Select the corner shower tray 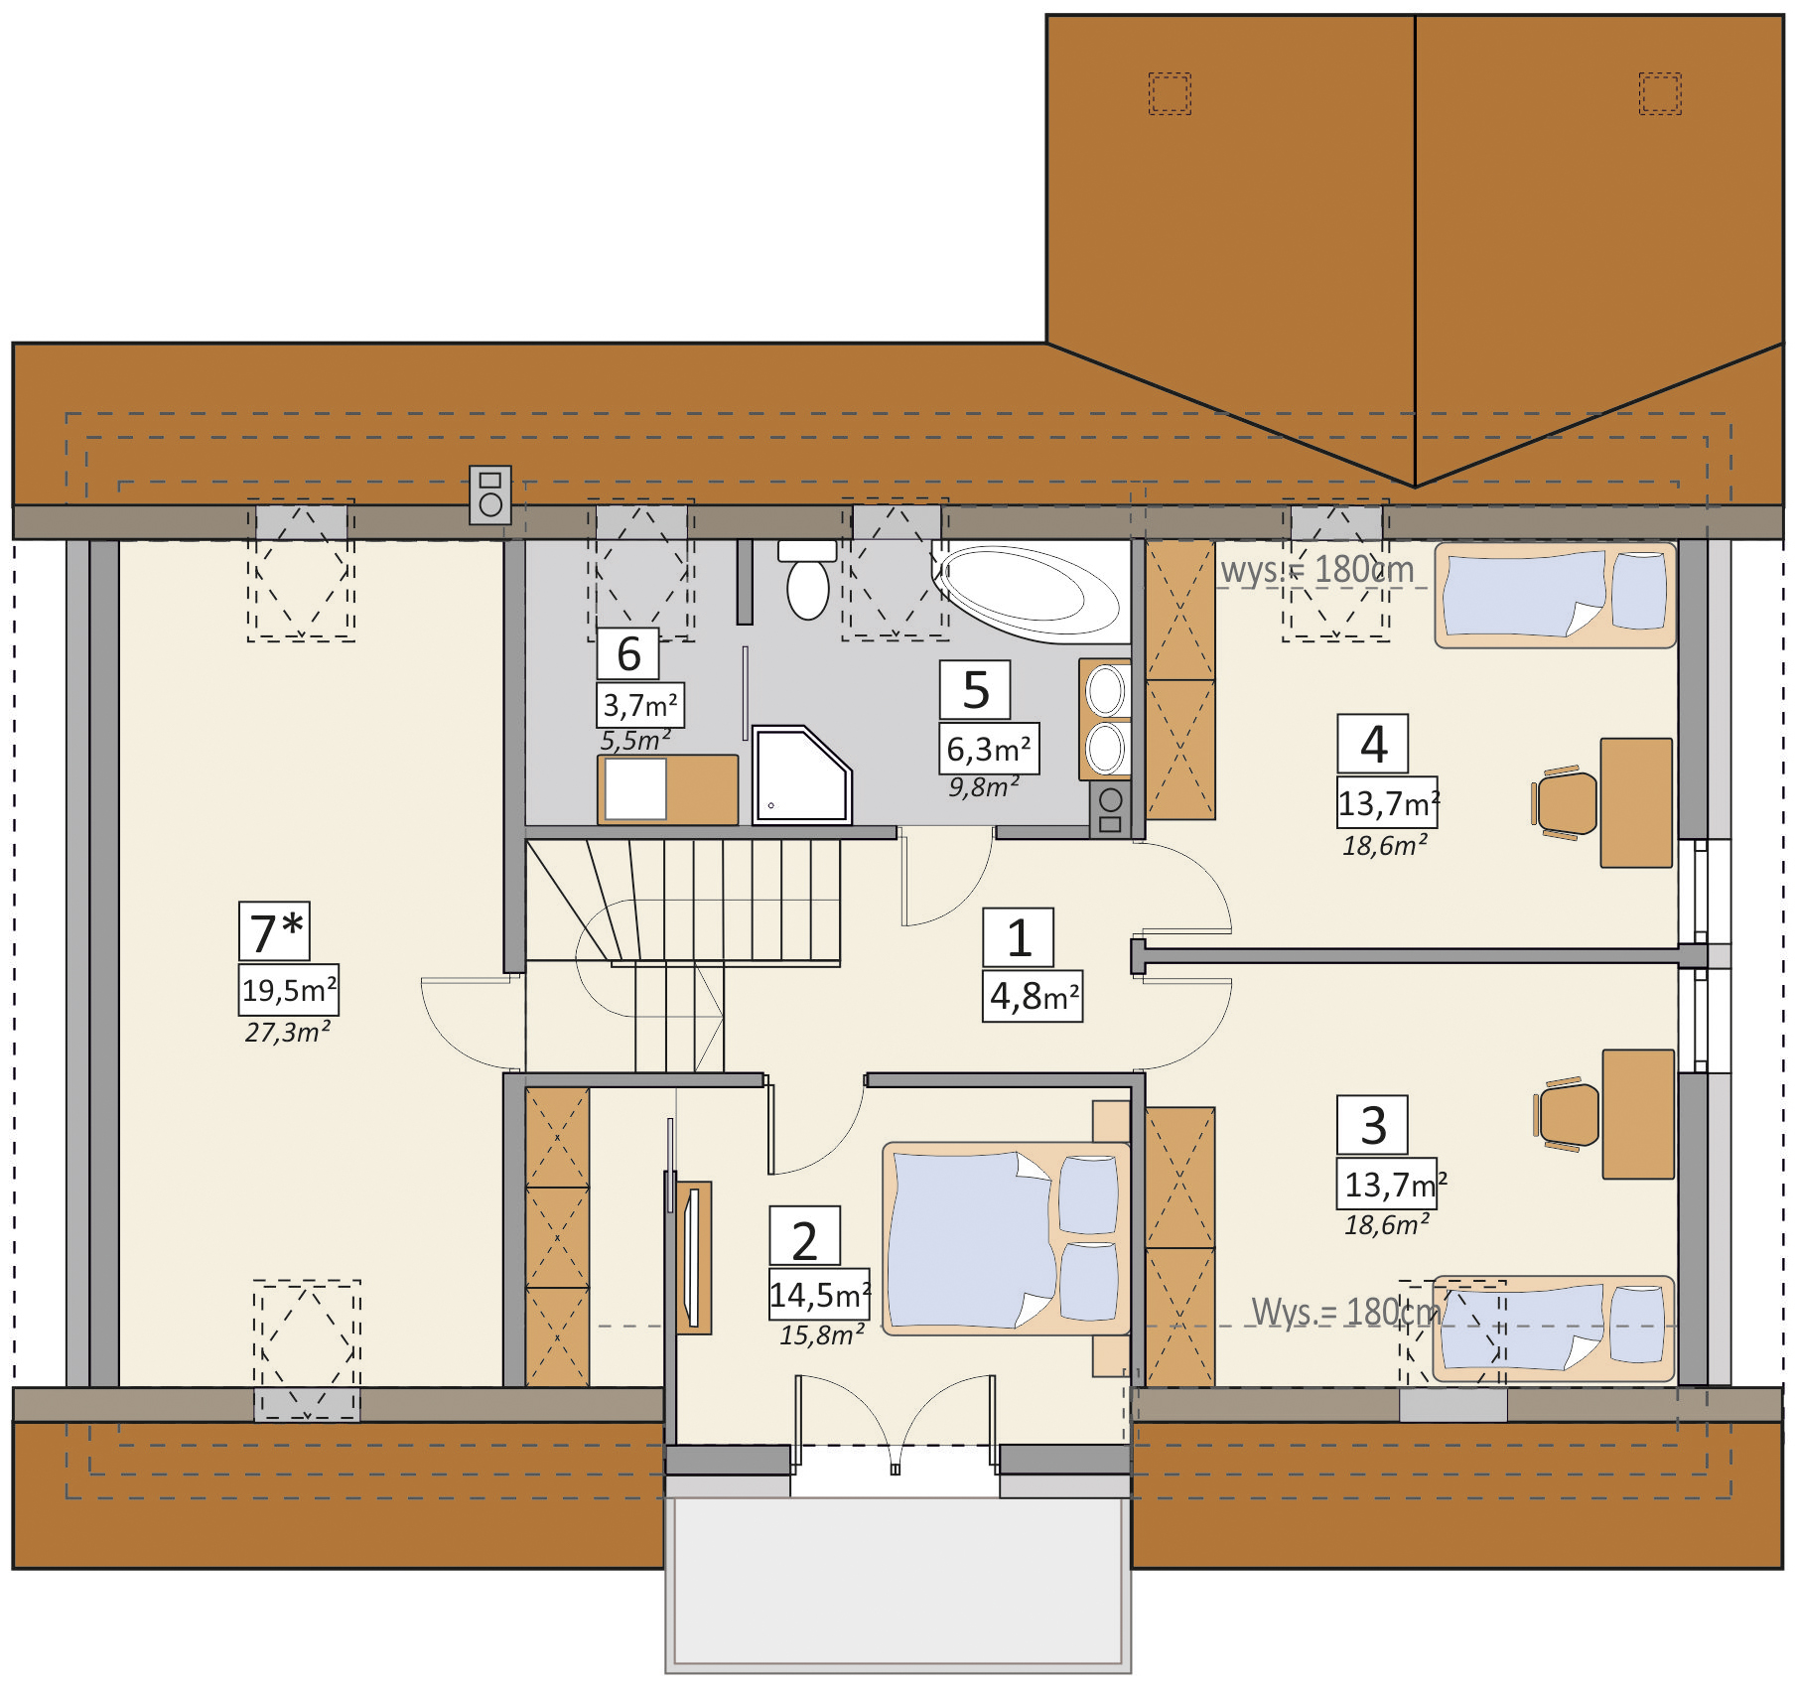click(x=801, y=775)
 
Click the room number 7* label click(x=275, y=931)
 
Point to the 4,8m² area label click(x=1034, y=996)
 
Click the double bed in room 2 click(x=1006, y=1238)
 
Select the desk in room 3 click(x=1638, y=1114)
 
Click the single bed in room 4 click(x=1556, y=594)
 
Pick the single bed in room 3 click(x=1554, y=1329)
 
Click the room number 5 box click(x=975, y=690)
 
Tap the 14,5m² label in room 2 click(x=820, y=1295)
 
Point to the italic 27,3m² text click(x=288, y=1033)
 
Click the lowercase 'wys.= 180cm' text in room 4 click(x=1317, y=570)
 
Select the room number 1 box click(x=1019, y=937)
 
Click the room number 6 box click(x=628, y=653)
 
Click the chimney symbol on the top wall click(x=490, y=494)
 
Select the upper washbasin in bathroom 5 click(x=1106, y=690)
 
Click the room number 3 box click(x=1373, y=1125)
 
